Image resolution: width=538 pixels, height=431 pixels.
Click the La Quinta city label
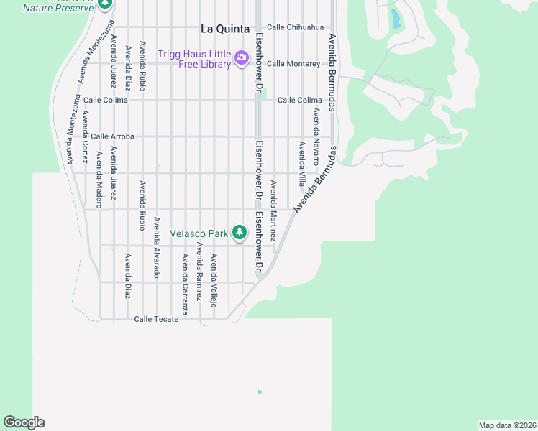pyautogui.click(x=224, y=29)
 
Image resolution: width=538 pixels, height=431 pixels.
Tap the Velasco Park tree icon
pyautogui.click(x=240, y=233)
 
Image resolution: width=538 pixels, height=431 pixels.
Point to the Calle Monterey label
pyautogui.click(x=293, y=64)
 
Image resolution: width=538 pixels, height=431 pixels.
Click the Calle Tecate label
pyautogui.click(x=156, y=319)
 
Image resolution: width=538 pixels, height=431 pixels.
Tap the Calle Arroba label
pyautogui.click(x=112, y=136)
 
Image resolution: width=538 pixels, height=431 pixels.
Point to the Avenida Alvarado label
pyautogui.click(x=156, y=247)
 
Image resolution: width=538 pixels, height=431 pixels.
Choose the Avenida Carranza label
pyautogui.click(x=185, y=284)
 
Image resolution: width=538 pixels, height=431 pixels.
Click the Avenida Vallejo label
pyautogui.click(x=214, y=280)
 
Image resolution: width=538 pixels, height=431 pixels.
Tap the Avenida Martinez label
pyautogui.click(x=273, y=205)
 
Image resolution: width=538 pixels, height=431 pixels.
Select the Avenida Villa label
pyautogui.click(x=302, y=163)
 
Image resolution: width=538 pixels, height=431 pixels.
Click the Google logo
pyautogui.click(x=24, y=422)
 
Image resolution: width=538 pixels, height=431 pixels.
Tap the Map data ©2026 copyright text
pyautogui.click(x=506, y=425)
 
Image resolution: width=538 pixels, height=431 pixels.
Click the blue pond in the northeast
pyautogui.click(x=396, y=19)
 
